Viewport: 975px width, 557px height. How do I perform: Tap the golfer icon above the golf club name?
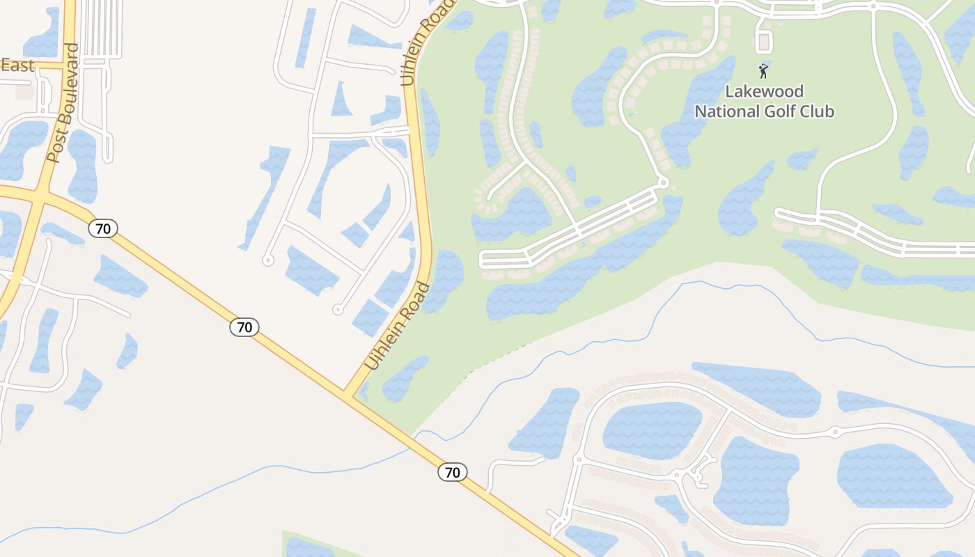764,70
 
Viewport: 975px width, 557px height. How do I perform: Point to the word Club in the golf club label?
816,111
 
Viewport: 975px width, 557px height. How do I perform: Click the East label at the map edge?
17,65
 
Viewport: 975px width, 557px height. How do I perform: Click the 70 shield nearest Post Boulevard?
103,228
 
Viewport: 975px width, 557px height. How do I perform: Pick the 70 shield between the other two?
244,327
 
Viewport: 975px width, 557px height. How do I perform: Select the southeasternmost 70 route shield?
453,472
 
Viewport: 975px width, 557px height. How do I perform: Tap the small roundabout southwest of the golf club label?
662,182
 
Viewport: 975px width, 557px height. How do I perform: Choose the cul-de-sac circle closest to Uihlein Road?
338,308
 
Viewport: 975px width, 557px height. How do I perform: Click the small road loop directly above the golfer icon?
764,42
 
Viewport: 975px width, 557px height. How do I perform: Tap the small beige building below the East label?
24,91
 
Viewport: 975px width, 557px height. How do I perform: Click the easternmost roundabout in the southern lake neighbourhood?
834,432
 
